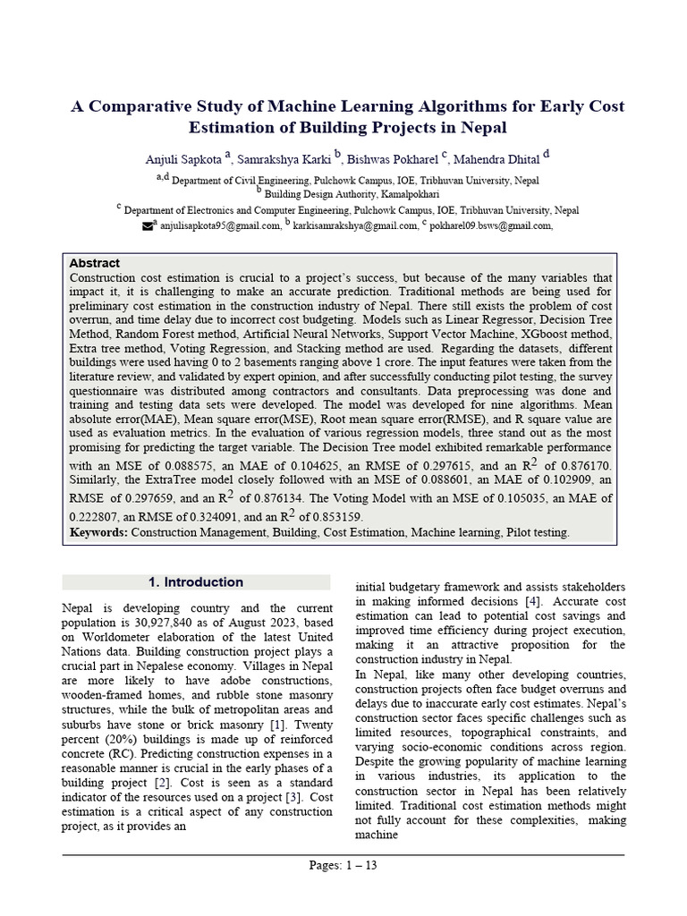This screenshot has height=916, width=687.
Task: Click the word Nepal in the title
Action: pyautogui.click(x=481, y=127)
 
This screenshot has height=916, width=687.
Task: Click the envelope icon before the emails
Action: pyautogui.click(x=148, y=226)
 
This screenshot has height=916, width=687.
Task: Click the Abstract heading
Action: pyautogui.click(x=95, y=264)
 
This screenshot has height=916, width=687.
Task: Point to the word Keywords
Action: pyautogui.click(x=98, y=532)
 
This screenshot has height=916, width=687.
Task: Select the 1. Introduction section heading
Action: pyautogui.click(x=196, y=582)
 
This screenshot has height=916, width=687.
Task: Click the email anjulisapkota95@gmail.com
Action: pyautogui.click(x=220, y=226)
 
